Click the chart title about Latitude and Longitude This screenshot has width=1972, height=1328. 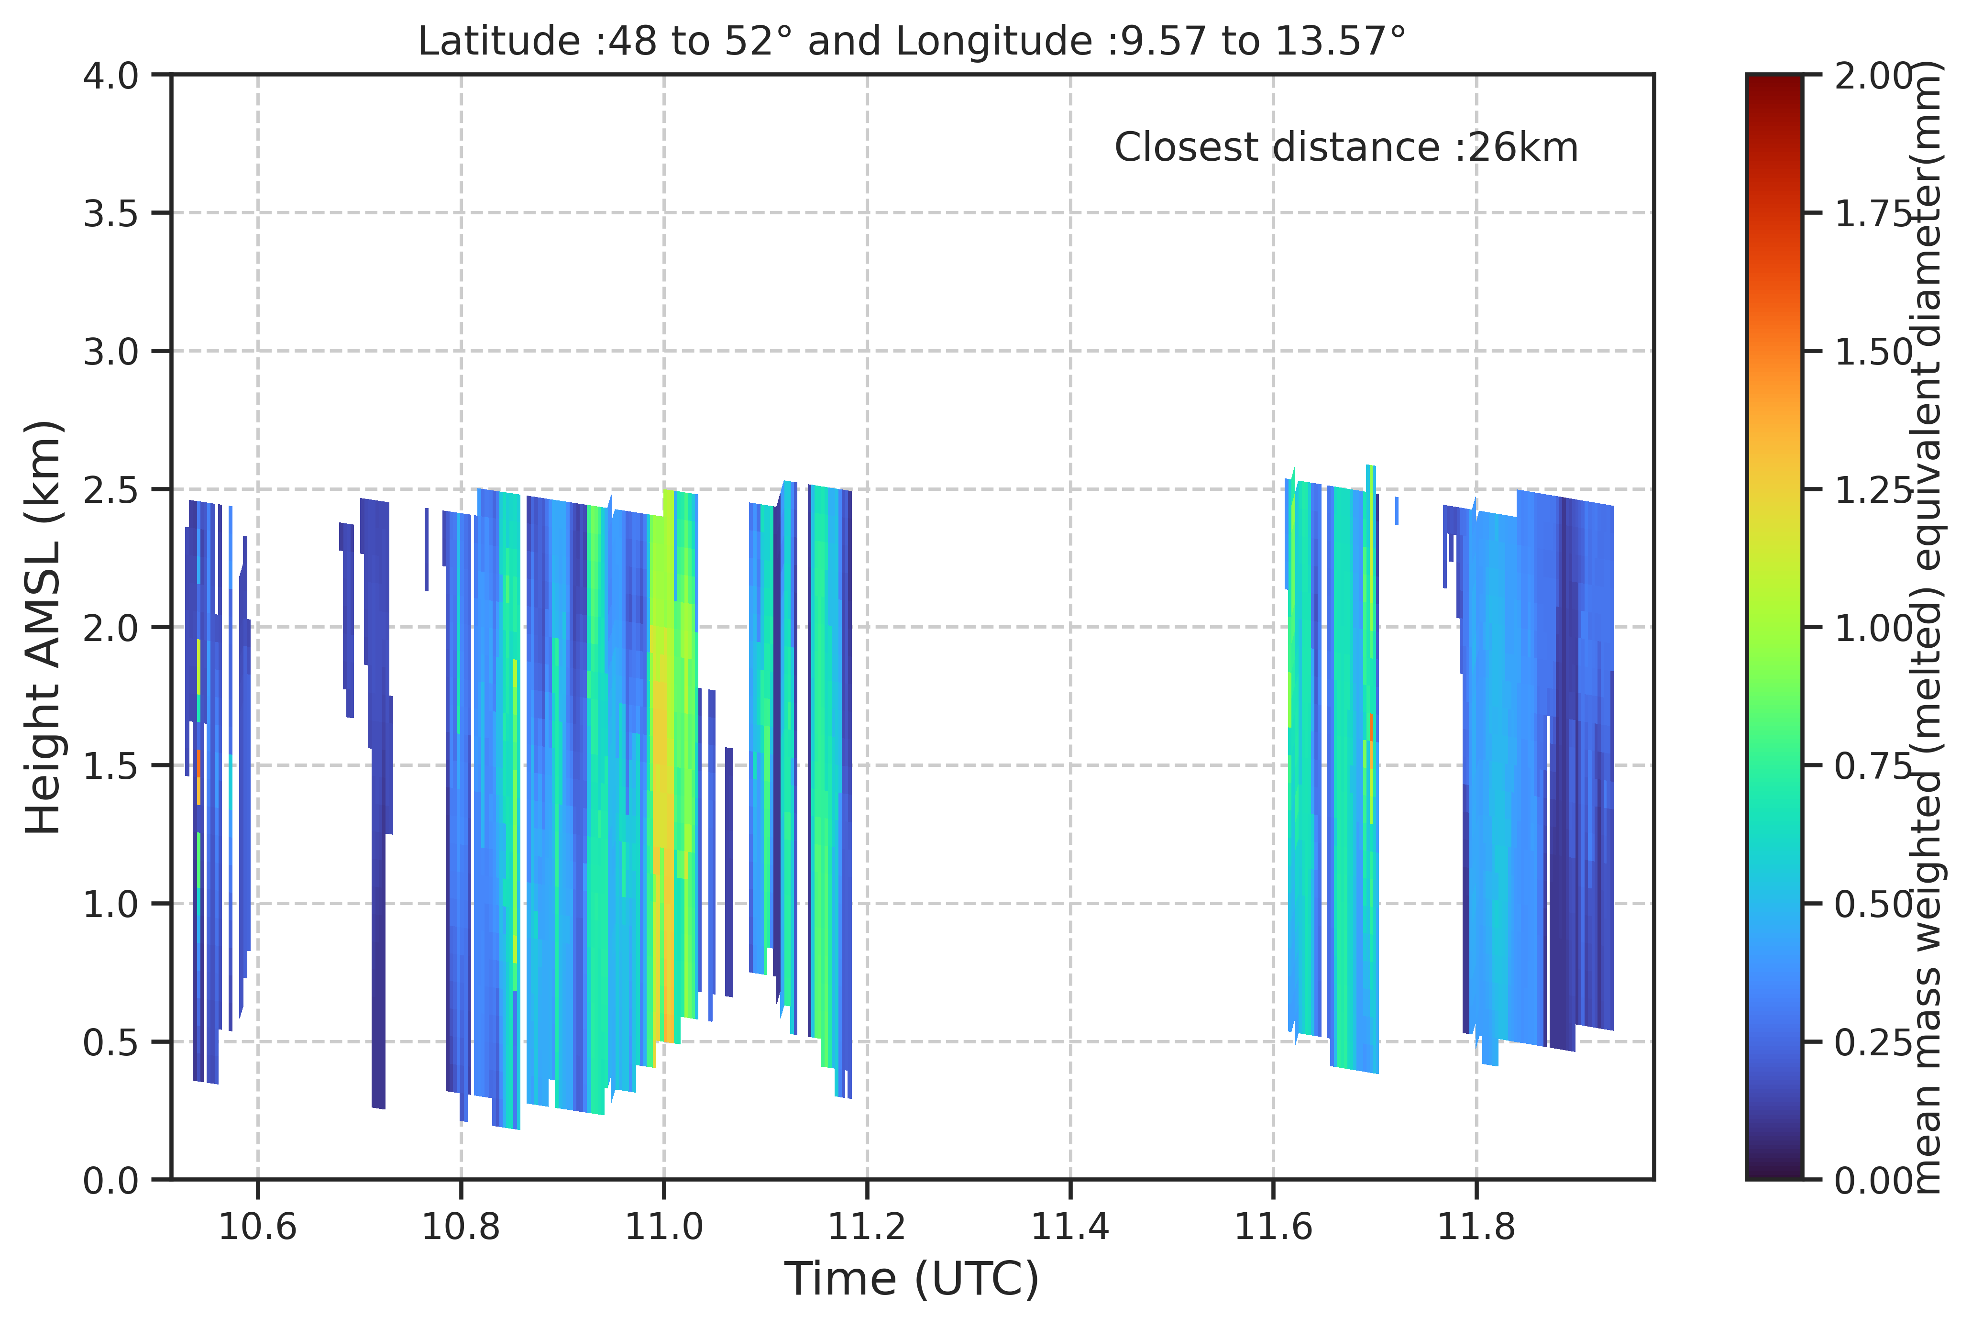click(x=912, y=41)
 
